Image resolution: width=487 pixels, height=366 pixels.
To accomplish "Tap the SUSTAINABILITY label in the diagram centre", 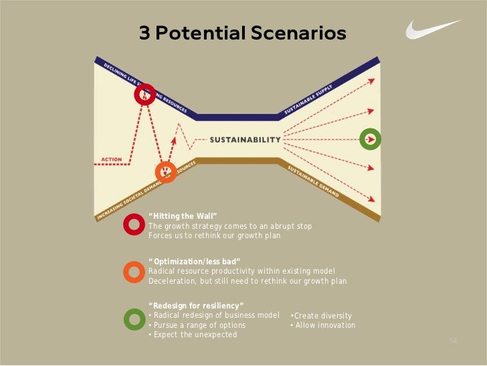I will tap(246, 140).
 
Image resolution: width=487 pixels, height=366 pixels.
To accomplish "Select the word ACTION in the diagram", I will tap(111, 159).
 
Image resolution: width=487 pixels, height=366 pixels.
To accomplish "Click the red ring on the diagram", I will tap(144, 94).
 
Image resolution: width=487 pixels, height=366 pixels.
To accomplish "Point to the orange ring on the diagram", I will tap(165, 172).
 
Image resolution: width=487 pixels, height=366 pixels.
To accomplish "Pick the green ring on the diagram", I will tap(370, 139).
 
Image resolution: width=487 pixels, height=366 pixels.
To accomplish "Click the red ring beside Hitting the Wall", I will tap(134, 225).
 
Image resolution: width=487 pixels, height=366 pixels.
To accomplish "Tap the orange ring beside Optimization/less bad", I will tap(134, 271).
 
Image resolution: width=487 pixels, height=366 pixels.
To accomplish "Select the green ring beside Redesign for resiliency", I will tap(134, 318).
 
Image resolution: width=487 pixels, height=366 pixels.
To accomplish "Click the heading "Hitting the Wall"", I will tap(183, 216).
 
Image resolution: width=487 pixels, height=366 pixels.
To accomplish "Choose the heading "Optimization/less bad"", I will tap(194, 260).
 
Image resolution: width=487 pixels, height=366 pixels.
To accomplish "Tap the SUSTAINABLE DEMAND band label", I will tap(313, 181).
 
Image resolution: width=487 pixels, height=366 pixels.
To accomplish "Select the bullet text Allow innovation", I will tap(323, 325).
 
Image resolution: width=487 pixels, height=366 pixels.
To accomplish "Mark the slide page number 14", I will tap(453, 341).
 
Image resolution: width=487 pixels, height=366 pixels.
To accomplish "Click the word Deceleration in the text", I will tap(171, 281).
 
